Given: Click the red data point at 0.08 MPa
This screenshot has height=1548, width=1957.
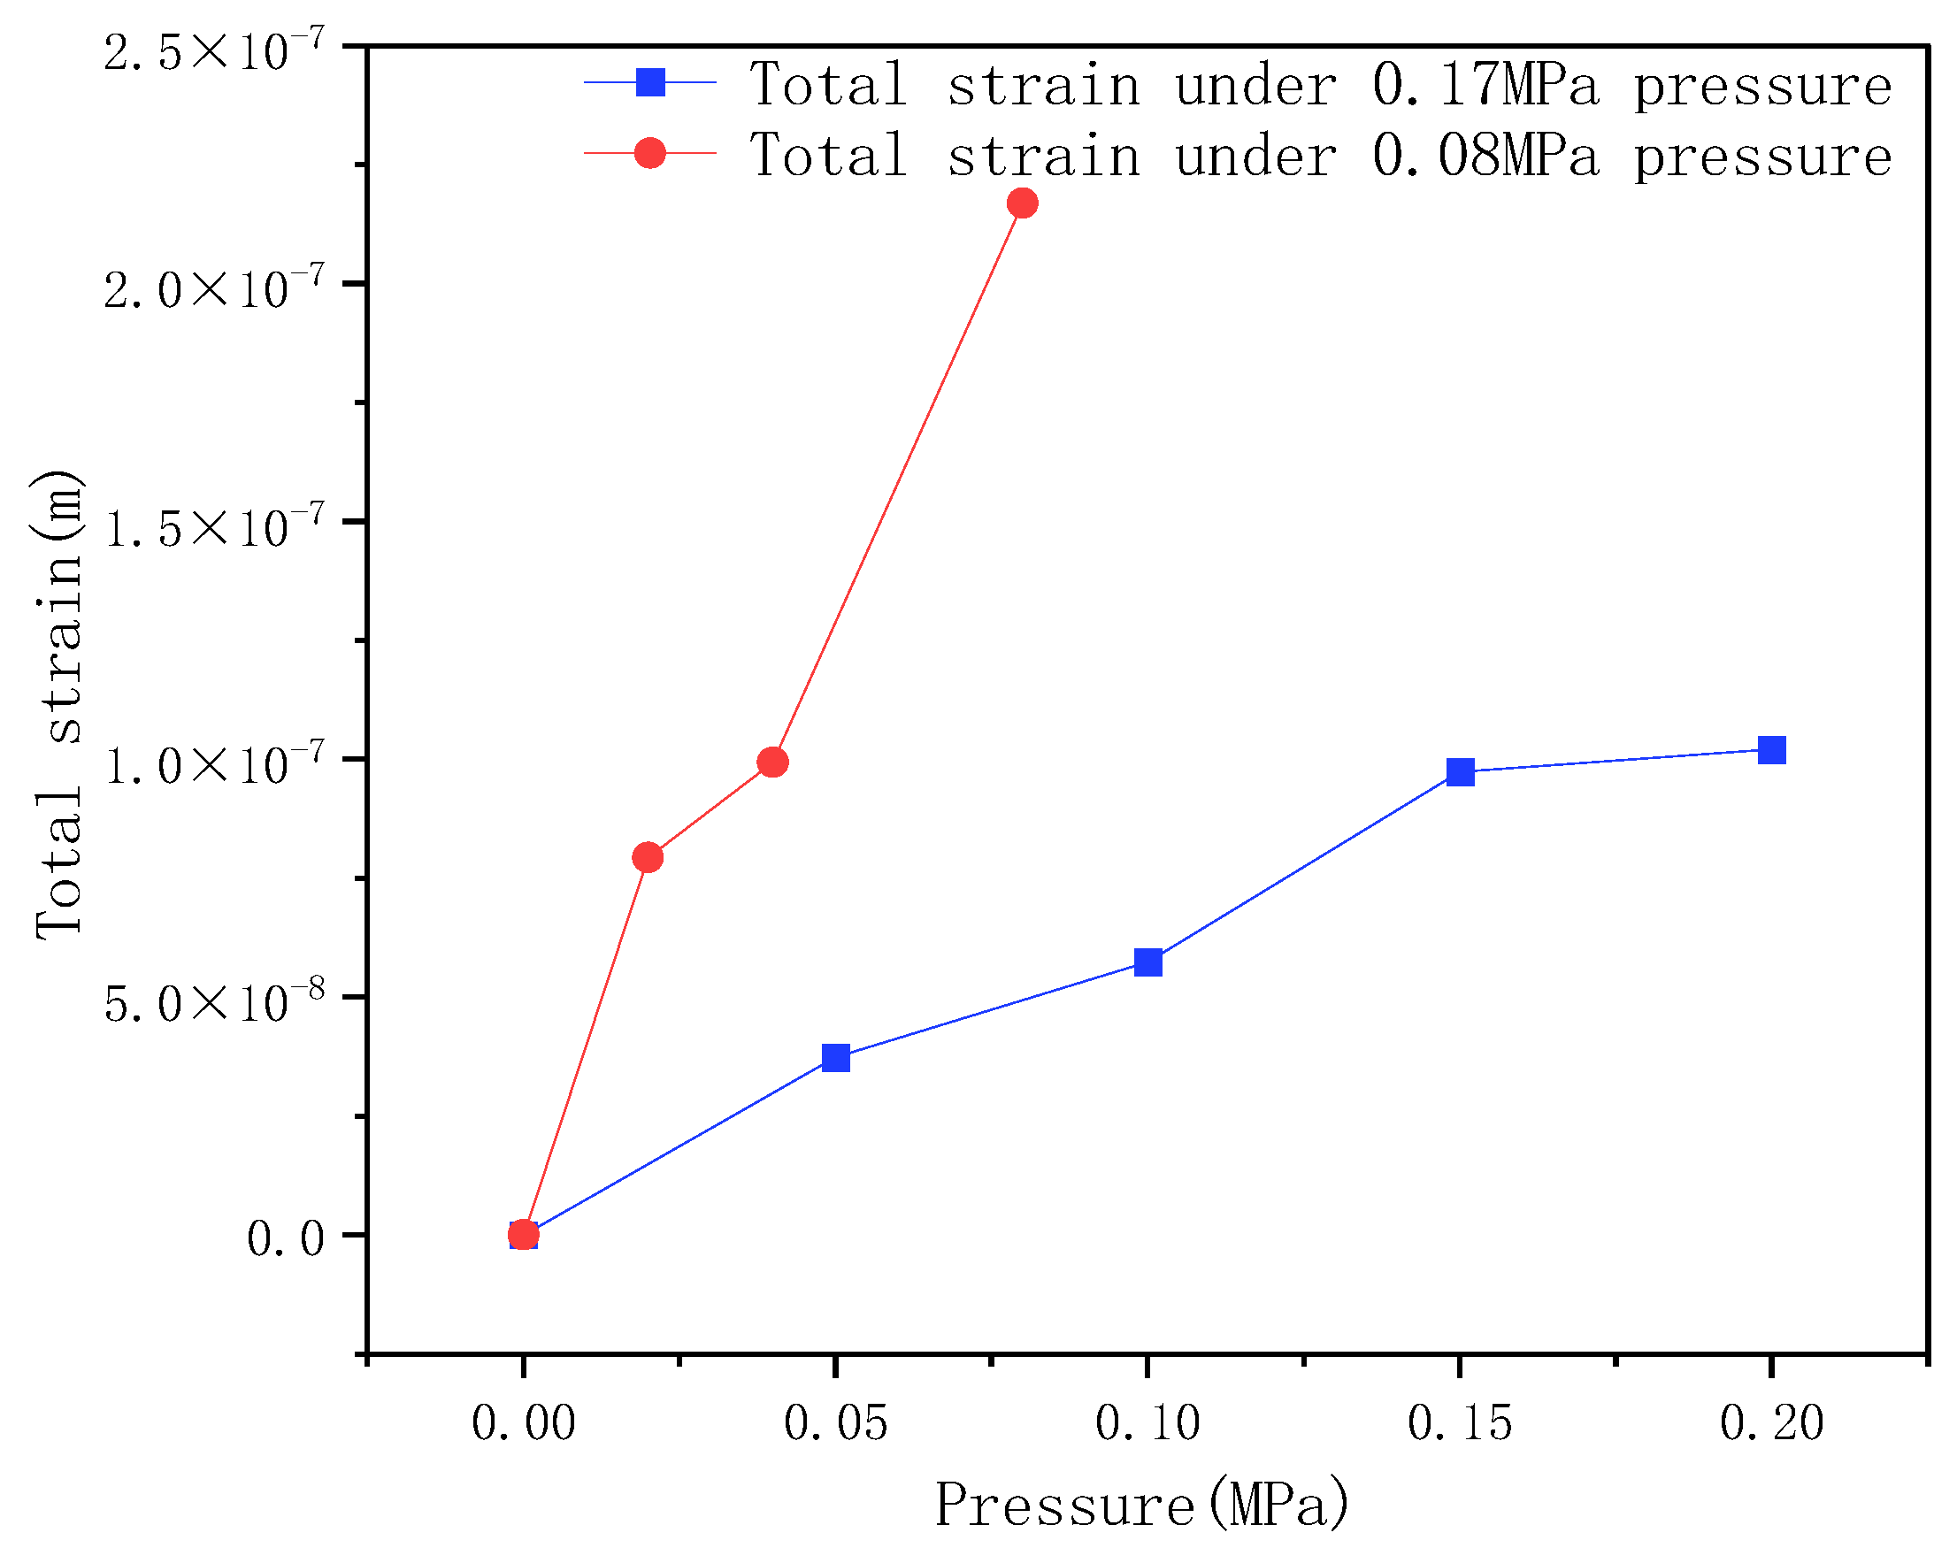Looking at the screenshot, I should [x=1022, y=203].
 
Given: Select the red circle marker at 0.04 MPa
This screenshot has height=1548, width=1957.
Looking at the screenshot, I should [x=772, y=763].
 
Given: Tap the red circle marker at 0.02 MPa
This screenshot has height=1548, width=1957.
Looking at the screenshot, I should [x=648, y=857].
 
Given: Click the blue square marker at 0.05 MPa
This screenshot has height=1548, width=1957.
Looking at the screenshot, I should [x=836, y=1058].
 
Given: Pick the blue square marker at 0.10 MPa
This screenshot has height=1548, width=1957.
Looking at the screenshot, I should [x=1147, y=962].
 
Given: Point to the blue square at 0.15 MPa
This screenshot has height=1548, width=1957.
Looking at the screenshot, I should [x=1461, y=773].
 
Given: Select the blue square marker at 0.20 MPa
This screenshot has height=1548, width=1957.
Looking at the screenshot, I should [x=1771, y=750].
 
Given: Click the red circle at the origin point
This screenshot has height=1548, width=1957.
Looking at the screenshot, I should [x=523, y=1234].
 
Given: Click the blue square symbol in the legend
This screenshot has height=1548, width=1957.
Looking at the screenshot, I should [x=650, y=82].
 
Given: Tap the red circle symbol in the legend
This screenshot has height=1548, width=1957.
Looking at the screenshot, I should [x=650, y=153].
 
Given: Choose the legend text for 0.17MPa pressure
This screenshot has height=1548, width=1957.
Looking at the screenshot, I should [x=1320, y=84].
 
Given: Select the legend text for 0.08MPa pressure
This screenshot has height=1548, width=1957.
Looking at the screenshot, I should [x=1320, y=155].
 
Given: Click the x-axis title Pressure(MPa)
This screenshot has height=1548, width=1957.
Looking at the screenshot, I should [x=1141, y=1505].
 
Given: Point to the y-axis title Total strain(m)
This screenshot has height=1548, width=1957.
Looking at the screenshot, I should [x=60, y=705].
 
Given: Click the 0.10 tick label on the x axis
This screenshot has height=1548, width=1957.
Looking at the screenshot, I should [x=1147, y=1423].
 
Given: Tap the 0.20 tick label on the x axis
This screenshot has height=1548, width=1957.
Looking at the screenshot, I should [x=1771, y=1423].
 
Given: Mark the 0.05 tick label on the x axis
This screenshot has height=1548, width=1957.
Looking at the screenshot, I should [x=836, y=1423].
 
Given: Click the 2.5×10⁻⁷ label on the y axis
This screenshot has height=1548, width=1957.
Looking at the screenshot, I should [x=214, y=50].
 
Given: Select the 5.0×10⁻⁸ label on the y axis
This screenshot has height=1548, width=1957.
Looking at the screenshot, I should [x=214, y=1001].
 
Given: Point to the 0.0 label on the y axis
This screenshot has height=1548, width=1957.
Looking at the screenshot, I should [x=286, y=1239].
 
